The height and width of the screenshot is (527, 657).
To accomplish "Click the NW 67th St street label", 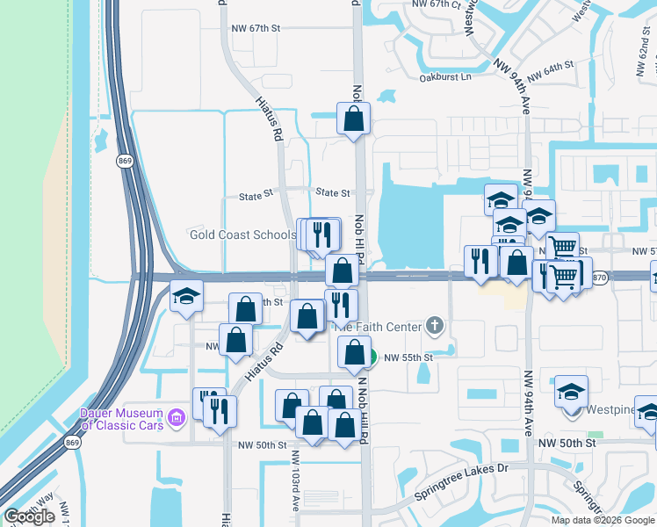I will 255,28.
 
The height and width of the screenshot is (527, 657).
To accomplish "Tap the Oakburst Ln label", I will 445,76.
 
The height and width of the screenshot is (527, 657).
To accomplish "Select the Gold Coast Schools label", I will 243,235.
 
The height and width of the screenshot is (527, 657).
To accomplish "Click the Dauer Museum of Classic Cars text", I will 122,419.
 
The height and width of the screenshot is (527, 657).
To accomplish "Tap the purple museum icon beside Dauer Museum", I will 177,415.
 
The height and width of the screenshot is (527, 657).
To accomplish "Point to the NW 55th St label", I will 408,357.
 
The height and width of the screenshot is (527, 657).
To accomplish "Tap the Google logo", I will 30,516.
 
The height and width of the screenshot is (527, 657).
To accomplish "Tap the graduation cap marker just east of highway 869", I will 186,296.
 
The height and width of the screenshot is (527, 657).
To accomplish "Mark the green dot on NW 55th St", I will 372,357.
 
